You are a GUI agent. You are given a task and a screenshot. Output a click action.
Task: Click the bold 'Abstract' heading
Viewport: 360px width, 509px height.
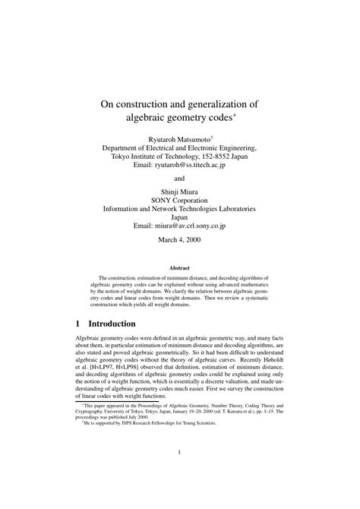coord(180,268)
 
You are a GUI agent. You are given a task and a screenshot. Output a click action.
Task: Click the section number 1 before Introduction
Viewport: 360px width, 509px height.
coord(76,323)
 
